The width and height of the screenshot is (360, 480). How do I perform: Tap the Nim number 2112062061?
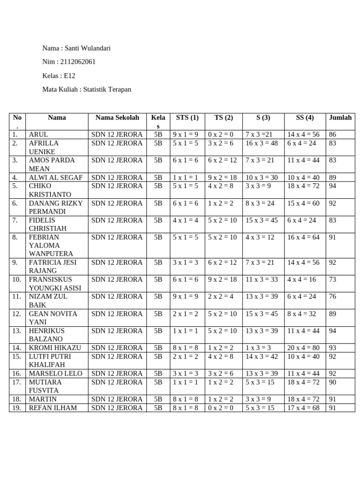click(x=78, y=62)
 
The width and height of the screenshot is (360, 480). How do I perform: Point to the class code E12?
click(x=69, y=75)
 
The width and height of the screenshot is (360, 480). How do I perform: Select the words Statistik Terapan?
click(x=107, y=89)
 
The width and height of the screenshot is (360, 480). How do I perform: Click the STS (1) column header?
click(x=187, y=118)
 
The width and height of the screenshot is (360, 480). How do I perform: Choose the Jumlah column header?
click(x=340, y=118)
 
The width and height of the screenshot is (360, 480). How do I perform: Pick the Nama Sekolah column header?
click(x=117, y=118)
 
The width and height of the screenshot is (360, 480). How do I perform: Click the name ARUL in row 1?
click(x=38, y=135)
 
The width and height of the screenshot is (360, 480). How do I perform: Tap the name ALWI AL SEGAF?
click(x=56, y=178)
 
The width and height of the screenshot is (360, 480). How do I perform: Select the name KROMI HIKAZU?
click(x=55, y=348)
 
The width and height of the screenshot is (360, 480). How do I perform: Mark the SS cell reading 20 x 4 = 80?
click(x=303, y=348)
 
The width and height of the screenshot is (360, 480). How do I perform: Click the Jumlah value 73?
click(x=333, y=279)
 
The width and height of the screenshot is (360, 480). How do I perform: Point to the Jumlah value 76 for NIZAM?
click(x=333, y=296)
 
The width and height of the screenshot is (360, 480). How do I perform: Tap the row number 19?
click(x=16, y=408)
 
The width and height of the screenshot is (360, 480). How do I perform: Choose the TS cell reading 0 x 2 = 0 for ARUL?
click(x=220, y=135)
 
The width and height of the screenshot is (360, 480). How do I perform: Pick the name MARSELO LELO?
click(x=56, y=374)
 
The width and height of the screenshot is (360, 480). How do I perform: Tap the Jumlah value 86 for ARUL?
click(x=333, y=135)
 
